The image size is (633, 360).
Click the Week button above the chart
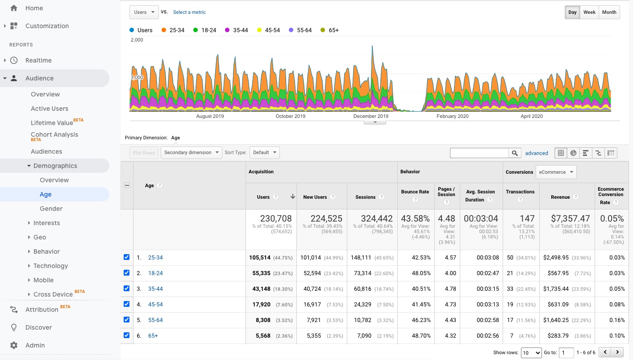589,12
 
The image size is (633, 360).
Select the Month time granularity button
609,12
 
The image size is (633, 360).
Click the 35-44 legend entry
237,30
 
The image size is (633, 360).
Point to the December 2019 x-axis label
371,116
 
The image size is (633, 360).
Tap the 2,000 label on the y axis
137,40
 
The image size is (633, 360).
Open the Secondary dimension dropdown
191,152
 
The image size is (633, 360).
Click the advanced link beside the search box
536,153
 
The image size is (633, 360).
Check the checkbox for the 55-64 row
126,320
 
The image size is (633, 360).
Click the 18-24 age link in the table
155,273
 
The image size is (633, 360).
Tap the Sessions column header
365,197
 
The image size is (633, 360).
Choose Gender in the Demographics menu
51,209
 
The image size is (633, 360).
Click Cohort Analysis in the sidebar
54,134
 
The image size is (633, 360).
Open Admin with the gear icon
14,345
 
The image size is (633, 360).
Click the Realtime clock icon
14,60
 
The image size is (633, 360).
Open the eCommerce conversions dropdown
556,172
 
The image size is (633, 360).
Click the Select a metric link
189,12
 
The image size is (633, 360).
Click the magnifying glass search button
515,153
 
